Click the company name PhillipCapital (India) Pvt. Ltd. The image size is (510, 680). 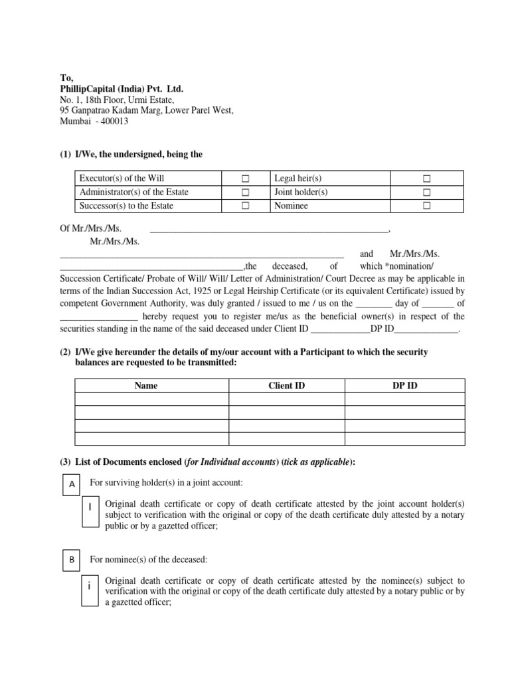coord(121,88)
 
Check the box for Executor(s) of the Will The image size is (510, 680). coord(245,179)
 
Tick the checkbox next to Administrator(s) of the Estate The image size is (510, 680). coord(245,193)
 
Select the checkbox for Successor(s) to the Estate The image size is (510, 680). coord(245,206)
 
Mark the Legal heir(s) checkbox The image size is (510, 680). coord(427,179)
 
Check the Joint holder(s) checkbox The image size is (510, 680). coord(427,193)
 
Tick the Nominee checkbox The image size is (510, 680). coord(427,206)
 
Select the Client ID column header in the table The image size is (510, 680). coord(286,385)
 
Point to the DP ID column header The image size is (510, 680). coord(404,385)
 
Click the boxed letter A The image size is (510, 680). coord(71,485)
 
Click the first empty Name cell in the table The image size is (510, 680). coord(151,399)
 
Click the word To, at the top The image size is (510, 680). coord(66,77)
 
